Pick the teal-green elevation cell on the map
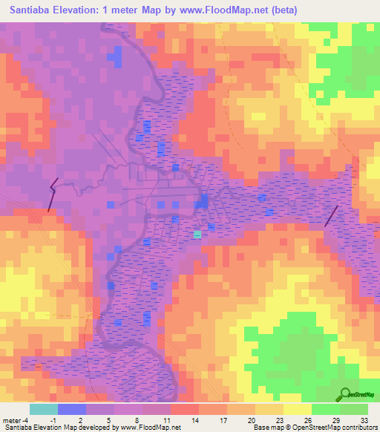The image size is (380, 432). [x=197, y=234]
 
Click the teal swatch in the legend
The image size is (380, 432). [x=44, y=409]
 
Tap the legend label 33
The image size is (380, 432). [x=364, y=420]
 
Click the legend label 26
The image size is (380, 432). [x=307, y=420]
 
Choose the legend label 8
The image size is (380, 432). [x=137, y=420]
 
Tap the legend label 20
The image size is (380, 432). [x=251, y=420]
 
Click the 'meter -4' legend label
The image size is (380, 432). [x=14, y=420]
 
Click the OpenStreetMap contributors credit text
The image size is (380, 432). [x=315, y=428]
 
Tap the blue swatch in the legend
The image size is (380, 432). [x=72, y=409]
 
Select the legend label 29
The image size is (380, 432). [x=335, y=420]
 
